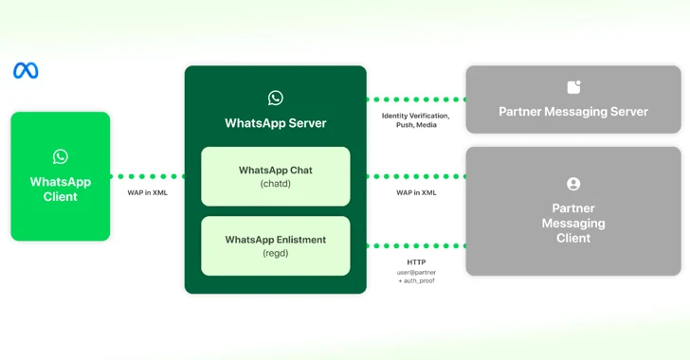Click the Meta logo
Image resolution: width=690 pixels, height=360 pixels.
pos(26,71)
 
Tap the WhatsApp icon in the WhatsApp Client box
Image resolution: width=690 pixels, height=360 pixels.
pos(61,156)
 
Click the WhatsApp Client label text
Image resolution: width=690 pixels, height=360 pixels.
pos(61,189)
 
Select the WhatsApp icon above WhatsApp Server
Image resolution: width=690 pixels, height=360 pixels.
pos(275,98)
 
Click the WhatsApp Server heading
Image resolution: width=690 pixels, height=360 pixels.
pos(275,123)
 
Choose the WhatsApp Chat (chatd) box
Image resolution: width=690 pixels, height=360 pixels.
pos(275,176)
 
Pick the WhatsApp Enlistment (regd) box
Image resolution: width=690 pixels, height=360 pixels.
pos(275,245)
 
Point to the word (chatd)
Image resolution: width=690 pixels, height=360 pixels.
pos(275,184)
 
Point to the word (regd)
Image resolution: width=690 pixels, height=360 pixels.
pos(275,254)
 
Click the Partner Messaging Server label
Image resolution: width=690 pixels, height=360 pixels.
pos(573,112)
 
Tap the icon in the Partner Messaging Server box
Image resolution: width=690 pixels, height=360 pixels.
pos(573,87)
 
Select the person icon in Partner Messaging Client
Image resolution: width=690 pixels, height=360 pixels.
pos(573,184)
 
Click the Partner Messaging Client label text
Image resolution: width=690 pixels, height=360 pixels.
pos(573,223)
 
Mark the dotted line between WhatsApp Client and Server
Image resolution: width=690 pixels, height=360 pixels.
pos(147,176)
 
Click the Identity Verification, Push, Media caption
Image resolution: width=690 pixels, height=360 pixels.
pos(415,120)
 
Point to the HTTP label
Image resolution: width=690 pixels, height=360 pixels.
pos(416,261)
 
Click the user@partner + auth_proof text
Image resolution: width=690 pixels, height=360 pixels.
pos(416,278)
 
